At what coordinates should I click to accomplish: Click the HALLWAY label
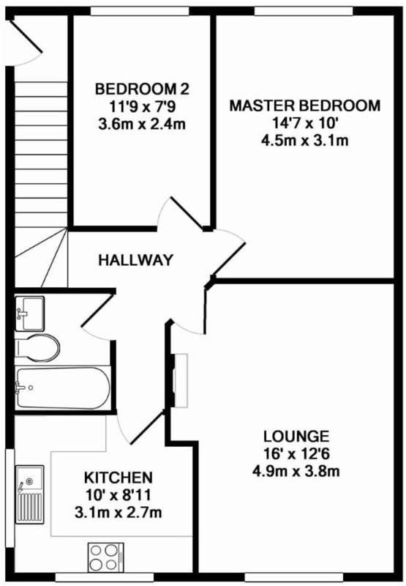[x=136, y=260]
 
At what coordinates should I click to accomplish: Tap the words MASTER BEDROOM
[x=305, y=105]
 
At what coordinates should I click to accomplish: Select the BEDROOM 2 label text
[x=142, y=89]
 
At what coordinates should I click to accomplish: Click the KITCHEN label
[x=119, y=478]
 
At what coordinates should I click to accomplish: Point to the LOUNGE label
[x=296, y=436]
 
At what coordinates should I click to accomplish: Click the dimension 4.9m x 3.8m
[x=296, y=471]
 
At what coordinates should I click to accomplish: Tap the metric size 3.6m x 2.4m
[x=142, y=125]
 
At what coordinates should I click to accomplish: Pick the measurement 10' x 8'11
[x=119, y=495]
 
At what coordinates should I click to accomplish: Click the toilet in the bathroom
[x=37, y=348]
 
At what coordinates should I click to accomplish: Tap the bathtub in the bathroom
[x=63, y=388]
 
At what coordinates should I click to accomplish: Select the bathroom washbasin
[x=29, y=314]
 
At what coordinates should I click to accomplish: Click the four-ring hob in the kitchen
[x=105, y=557]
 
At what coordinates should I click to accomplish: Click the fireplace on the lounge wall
[x=178, y=380]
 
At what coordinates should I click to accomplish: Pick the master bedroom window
[x=304, y=12]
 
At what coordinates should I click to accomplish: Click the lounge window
[x=294, y=578]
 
